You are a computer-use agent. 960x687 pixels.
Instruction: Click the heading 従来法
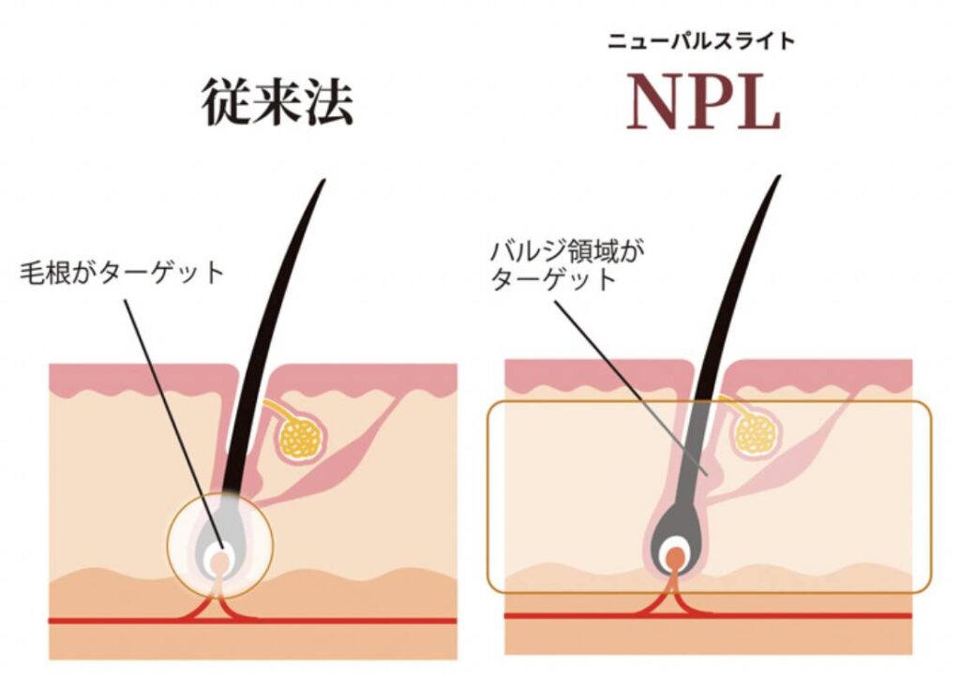pos(277,103)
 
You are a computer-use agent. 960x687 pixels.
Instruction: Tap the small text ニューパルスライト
pos(702,40)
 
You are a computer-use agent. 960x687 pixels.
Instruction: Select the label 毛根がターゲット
pos(123,274)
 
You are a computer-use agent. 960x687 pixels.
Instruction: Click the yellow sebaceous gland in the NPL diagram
pos(756,432)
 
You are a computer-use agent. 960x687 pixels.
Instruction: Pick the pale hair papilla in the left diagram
pos(218,562)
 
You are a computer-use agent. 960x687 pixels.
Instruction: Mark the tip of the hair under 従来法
pos(322,182)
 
